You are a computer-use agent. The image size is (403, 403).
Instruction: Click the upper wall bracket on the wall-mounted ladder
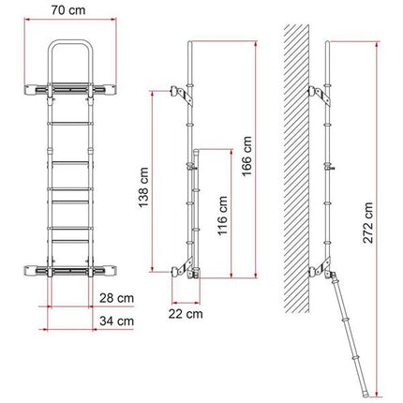318,94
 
